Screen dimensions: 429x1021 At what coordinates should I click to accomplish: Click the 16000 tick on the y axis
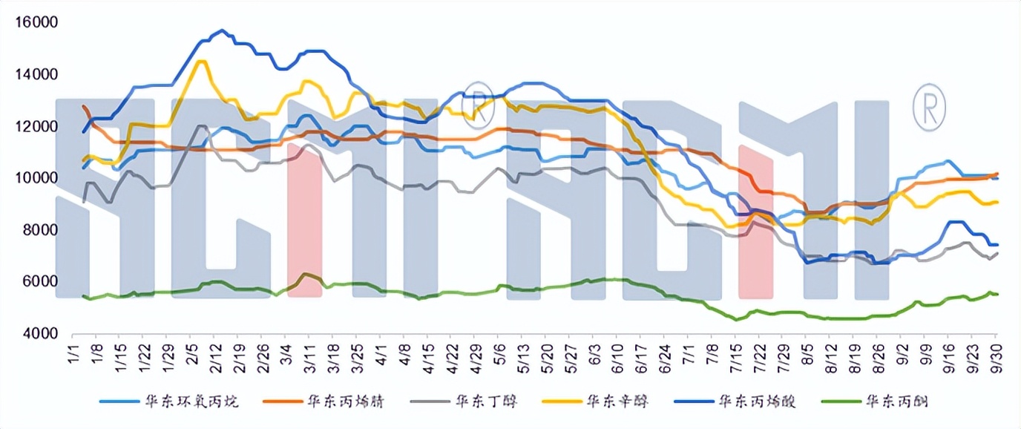pyautogui.click(x=36, y=23)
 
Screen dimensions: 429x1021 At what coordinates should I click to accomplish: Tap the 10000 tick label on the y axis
pyautogui.click(x=36, y=179)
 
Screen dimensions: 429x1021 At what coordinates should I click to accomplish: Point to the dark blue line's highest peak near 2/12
pyautogui.click(x=221, y=30)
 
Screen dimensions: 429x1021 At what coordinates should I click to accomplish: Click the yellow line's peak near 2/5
pyautogui.click(x=200, y=61)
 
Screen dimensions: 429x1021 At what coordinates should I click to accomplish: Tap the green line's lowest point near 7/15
pyautogui.click(x=735, y=319)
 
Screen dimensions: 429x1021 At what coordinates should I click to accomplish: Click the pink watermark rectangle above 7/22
pyautogui.click(x=756, y=222)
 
